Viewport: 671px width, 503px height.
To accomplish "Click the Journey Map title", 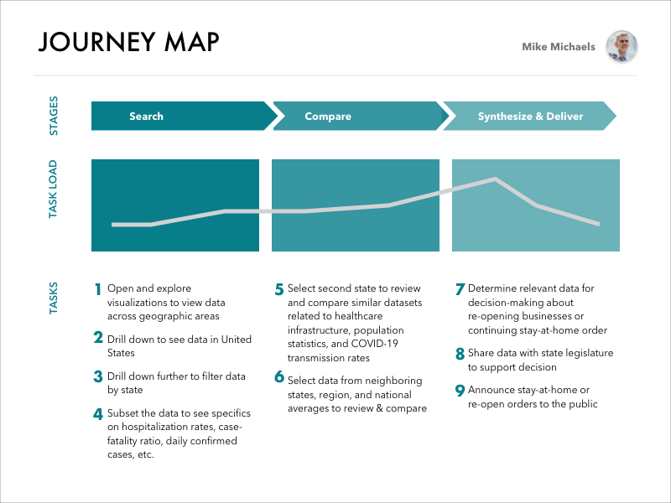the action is point(128,42).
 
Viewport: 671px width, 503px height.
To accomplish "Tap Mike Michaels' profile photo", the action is point(622,47).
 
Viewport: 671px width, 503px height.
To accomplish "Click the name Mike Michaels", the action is point(559,47).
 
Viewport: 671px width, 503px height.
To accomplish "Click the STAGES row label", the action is point(54,117).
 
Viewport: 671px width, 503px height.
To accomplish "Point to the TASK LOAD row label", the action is point(54,189).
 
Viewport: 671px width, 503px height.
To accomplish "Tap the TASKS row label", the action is point(54,298).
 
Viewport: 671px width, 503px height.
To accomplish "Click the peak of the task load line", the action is point(496,179).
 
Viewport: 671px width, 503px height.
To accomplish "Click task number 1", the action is point(98,289).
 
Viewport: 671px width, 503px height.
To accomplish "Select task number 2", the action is point(98,339).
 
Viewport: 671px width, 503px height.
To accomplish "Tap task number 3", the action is point(98,376).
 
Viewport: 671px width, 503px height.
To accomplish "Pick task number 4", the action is point(98,413).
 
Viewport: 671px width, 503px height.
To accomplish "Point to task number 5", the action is point(279,289).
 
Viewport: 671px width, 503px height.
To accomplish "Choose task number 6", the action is point(279,376).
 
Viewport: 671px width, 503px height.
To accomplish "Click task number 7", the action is point(460,289).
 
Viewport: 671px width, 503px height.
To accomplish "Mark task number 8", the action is point(460,353).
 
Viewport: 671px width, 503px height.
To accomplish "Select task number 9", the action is point(460,390).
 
